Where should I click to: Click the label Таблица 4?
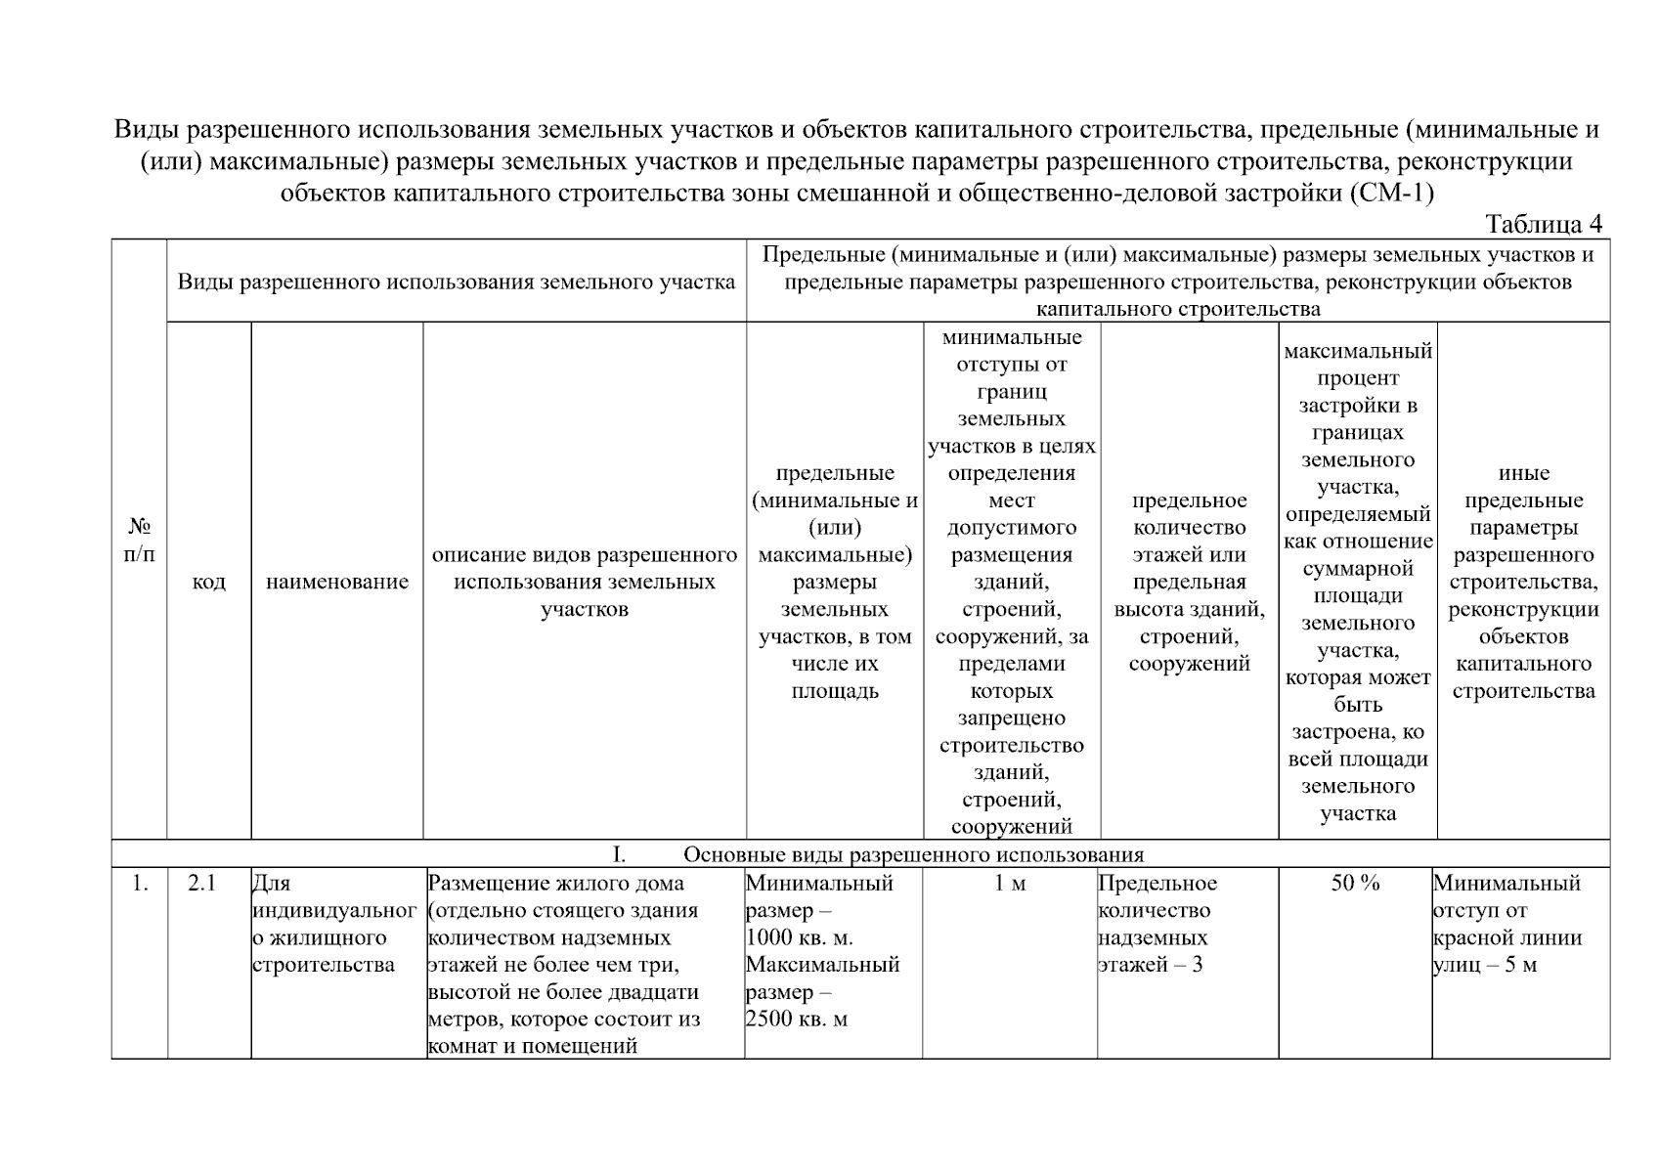(1543, 224)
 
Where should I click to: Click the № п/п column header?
(139, 540)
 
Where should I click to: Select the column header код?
(208, 582)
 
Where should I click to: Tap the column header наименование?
(336, 582)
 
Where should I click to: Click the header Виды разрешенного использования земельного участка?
(456, 282)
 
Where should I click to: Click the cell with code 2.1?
(201, 884)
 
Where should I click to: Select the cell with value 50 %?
(1355, 884)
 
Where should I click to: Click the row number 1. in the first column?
(140, 884)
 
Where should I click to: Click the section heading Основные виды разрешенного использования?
(912, 855)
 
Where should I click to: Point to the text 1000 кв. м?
(799, 938)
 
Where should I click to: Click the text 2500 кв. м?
(796, 1020)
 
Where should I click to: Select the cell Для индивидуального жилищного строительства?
(321, 925)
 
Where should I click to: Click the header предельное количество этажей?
(1189, 582)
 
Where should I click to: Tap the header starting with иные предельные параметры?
(1522, 582)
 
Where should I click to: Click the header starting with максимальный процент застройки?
(1357, 582)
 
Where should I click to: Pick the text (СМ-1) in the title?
(1391, 193)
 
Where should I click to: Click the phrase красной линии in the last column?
(1506, 938)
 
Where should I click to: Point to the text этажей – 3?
(1150, 966)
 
